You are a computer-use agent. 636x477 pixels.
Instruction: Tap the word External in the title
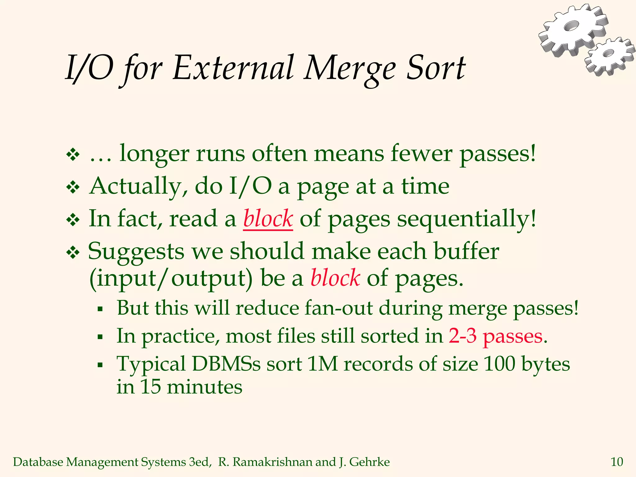(x=233, y=68)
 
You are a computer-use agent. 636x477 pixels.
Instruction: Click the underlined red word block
(x=268, y=219)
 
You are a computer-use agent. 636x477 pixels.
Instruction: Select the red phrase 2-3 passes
(x=496, y=336)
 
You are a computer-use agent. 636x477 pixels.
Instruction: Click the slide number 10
(x=617, y=462)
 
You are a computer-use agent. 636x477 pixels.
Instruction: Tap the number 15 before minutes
(x=150, y=387)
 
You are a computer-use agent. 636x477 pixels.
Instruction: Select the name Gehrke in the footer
(x=370, y=462)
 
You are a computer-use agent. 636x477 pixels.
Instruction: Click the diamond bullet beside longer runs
(x=73, y=154)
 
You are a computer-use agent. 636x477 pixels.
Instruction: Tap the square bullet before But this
(x=100, y=309)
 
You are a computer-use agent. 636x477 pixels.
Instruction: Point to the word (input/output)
(x=171, y=279)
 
